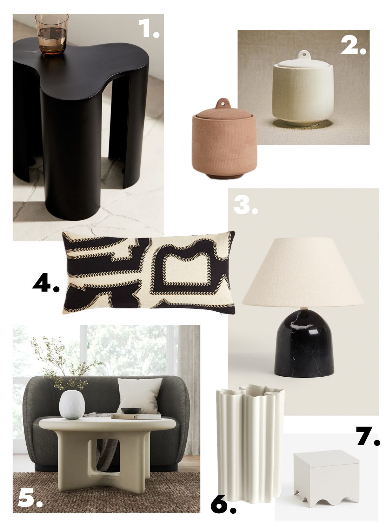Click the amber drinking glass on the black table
click(x=52, y=34)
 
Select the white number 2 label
click(x=353, y=45)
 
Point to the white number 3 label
click(x=245, y=204)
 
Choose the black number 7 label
click(x=368, y=436)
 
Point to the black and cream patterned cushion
click(x=149, y=272)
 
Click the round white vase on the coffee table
click(x=72, y=404)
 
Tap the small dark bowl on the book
click(x=131, y=411)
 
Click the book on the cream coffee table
click(x=136, y=416)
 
